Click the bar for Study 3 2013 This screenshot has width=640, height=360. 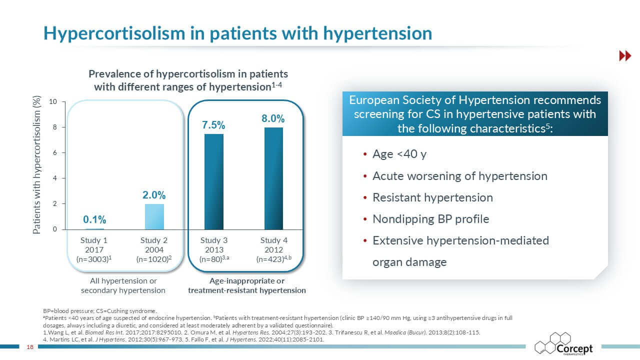(214, 181)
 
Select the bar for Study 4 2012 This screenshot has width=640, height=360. (273, 178)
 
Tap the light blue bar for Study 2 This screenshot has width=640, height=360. (154, 216)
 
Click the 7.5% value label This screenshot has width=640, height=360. (213, 125)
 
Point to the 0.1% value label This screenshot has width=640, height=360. (94, 219)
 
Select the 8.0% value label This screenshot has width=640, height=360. (273, 118)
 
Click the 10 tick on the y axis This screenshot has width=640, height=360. (53, 101)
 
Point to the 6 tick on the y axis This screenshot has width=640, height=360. (55, 153)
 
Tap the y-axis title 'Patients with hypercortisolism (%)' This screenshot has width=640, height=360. (36, 165)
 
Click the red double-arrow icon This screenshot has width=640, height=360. (625, 55)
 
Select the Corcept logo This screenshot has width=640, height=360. (563, 344)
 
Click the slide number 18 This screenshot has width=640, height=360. (30, 347)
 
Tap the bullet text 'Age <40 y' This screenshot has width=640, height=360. (399, 154)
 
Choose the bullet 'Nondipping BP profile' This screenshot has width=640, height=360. (431, 219)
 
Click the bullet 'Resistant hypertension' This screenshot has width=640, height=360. (432, 197)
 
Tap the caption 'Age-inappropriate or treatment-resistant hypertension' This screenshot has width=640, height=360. (247, 285)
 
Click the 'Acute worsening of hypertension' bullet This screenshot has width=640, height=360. (460, 176)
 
